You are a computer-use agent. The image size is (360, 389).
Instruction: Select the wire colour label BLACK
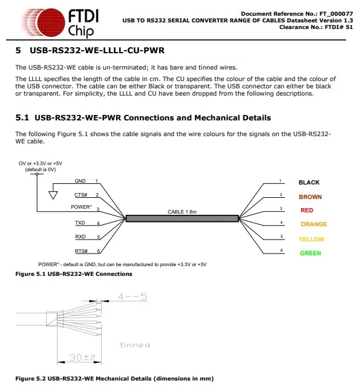point(309,182)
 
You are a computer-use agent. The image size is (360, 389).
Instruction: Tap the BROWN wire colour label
point(310,197)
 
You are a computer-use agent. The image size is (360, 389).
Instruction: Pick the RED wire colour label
point(307,211)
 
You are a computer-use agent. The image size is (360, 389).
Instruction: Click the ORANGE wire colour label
point(313,224)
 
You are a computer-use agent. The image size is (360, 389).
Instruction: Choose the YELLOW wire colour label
point(312,239)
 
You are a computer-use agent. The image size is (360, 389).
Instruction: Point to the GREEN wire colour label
point(310,253)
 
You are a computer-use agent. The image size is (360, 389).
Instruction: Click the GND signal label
point(80,181)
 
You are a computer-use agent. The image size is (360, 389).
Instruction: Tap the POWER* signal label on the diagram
point(81,208)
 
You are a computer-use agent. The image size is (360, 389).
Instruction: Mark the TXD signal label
point(80,223)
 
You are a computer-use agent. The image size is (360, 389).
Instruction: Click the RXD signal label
point(80,237)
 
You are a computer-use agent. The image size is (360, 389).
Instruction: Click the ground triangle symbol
point(53,195)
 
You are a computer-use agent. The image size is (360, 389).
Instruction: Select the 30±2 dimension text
point(79,358)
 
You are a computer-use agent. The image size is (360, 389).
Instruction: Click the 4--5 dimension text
point(133,297)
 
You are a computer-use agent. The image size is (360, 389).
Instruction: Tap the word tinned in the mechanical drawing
point(134,345)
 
